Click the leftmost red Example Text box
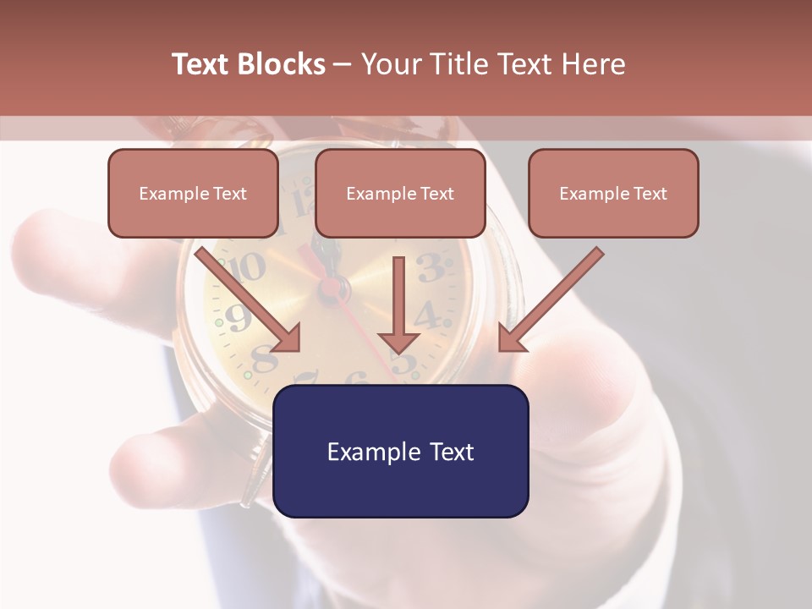tap(193, 194)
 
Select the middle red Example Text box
tap(400, 194)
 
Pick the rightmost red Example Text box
tap(613, 194)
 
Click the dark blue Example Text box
tap(400, 452)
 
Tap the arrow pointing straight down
tap(398, 304)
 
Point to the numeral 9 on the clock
tap(238, 317)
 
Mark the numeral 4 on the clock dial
tap(428, 315)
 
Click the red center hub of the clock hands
tap(328, 288)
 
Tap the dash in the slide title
tap(343, 64)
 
